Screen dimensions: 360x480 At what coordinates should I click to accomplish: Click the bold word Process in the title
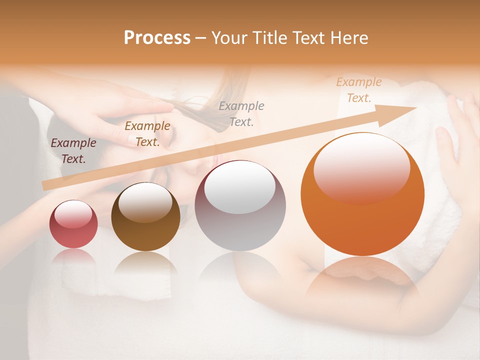coord(157,38)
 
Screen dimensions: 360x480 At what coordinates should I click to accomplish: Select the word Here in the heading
coord(348,38)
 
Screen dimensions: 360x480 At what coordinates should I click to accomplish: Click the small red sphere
coord(73,224)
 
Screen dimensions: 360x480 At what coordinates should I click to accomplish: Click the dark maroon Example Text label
coord(73,150)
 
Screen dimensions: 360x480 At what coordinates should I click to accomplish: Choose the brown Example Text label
coord(147,133)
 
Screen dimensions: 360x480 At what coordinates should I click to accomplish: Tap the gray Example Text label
coord(241,113)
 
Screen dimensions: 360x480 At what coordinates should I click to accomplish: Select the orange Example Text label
coord(358,89)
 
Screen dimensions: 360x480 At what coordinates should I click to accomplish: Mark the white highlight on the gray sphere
coord(240,188)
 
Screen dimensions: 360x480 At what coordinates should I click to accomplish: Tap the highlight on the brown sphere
coord(145,202)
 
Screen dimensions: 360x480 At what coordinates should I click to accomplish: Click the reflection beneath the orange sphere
coord(362,277)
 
